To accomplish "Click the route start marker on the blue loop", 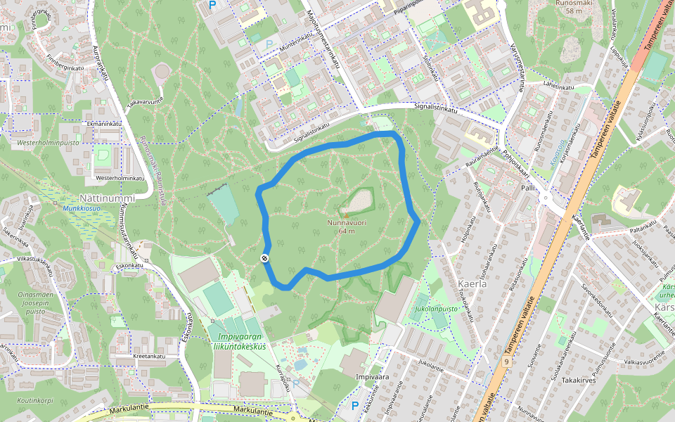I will click(265, 258).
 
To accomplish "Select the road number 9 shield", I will click(506, 361).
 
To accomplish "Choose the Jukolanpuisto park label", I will click(437, 308).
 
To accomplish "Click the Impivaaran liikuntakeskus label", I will click(240, 341).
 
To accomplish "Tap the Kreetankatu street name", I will click(149, 356).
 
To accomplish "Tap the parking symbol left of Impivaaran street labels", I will click(355, 407).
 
